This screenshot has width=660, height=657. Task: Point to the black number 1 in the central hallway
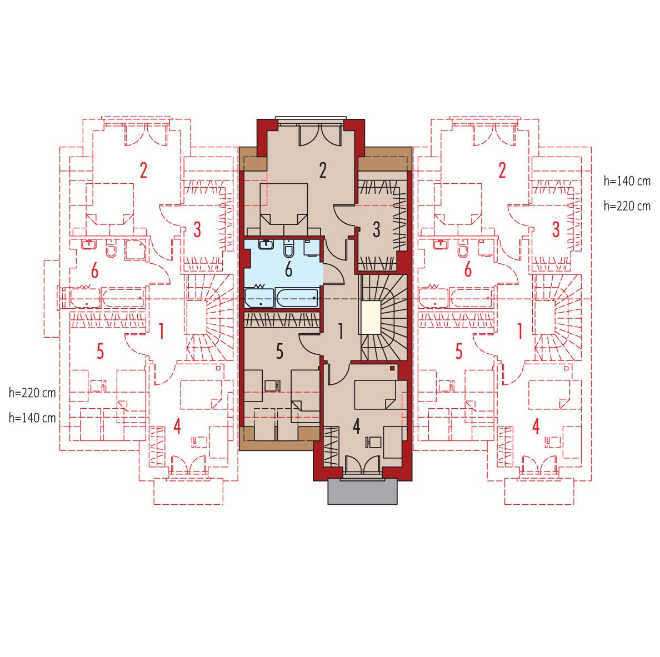(340, 332)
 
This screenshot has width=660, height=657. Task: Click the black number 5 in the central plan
(280, 351)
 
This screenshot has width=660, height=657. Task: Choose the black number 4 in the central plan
(356, 427)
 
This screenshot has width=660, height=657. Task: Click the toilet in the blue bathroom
(289, 250)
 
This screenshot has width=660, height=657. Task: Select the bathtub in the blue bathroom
(296, 298)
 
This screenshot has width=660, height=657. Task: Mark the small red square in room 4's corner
(393, 368)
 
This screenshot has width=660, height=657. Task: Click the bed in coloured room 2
(284, 205)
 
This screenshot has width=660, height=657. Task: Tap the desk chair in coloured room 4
(371, 442)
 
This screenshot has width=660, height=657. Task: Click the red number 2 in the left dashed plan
(143, 170)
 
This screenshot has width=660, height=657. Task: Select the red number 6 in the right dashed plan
(468, 271)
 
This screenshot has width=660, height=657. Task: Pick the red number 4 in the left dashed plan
(177, 427)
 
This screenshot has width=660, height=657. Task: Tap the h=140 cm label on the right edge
(627, 181)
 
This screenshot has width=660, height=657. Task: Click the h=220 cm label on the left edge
(32, 393)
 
